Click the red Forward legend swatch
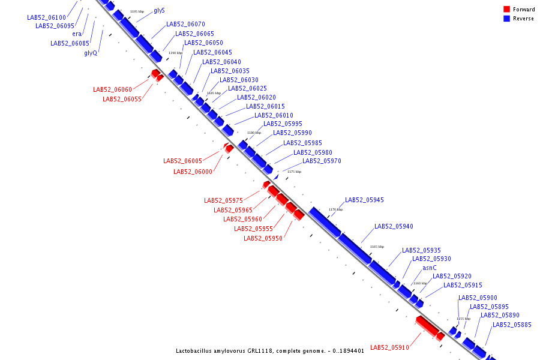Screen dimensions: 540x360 tap(507, 10)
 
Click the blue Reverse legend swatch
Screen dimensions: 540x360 tap(507, 19)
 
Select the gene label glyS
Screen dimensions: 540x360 tap(159, 11)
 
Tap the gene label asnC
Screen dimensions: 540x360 tap(429, 268)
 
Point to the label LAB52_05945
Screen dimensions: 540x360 tap(364, 200)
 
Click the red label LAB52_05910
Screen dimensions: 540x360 tap(389, 347)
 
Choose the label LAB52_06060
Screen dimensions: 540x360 tap(112, 90)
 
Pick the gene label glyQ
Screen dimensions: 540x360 tap(91, 53)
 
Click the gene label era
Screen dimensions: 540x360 tap(77, 34)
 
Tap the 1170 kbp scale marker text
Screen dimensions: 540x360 tap(335, 209)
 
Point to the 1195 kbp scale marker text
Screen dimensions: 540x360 tap(137, 11)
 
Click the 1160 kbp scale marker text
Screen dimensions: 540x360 tap(420, 283)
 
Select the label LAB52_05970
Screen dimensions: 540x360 tap(322, 161)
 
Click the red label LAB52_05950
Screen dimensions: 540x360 tap(263, 239)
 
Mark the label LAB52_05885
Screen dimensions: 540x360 tap(512, 325)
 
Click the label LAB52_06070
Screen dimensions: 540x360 tap(185, 25)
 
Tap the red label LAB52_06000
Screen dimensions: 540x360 tap(193, 172)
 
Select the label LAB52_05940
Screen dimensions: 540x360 tap(394, 227)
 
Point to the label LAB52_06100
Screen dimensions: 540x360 tap(46, 18)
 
